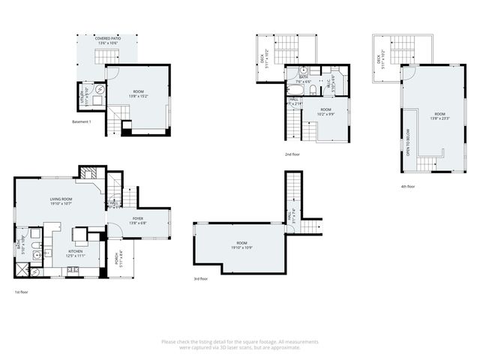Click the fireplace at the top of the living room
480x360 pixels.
point(88,171)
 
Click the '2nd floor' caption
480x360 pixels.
point(292,154)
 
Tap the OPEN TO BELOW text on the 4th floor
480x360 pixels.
point(408,136)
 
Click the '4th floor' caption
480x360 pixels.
point(407,186)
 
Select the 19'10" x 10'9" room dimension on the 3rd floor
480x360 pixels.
point(241,247)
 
